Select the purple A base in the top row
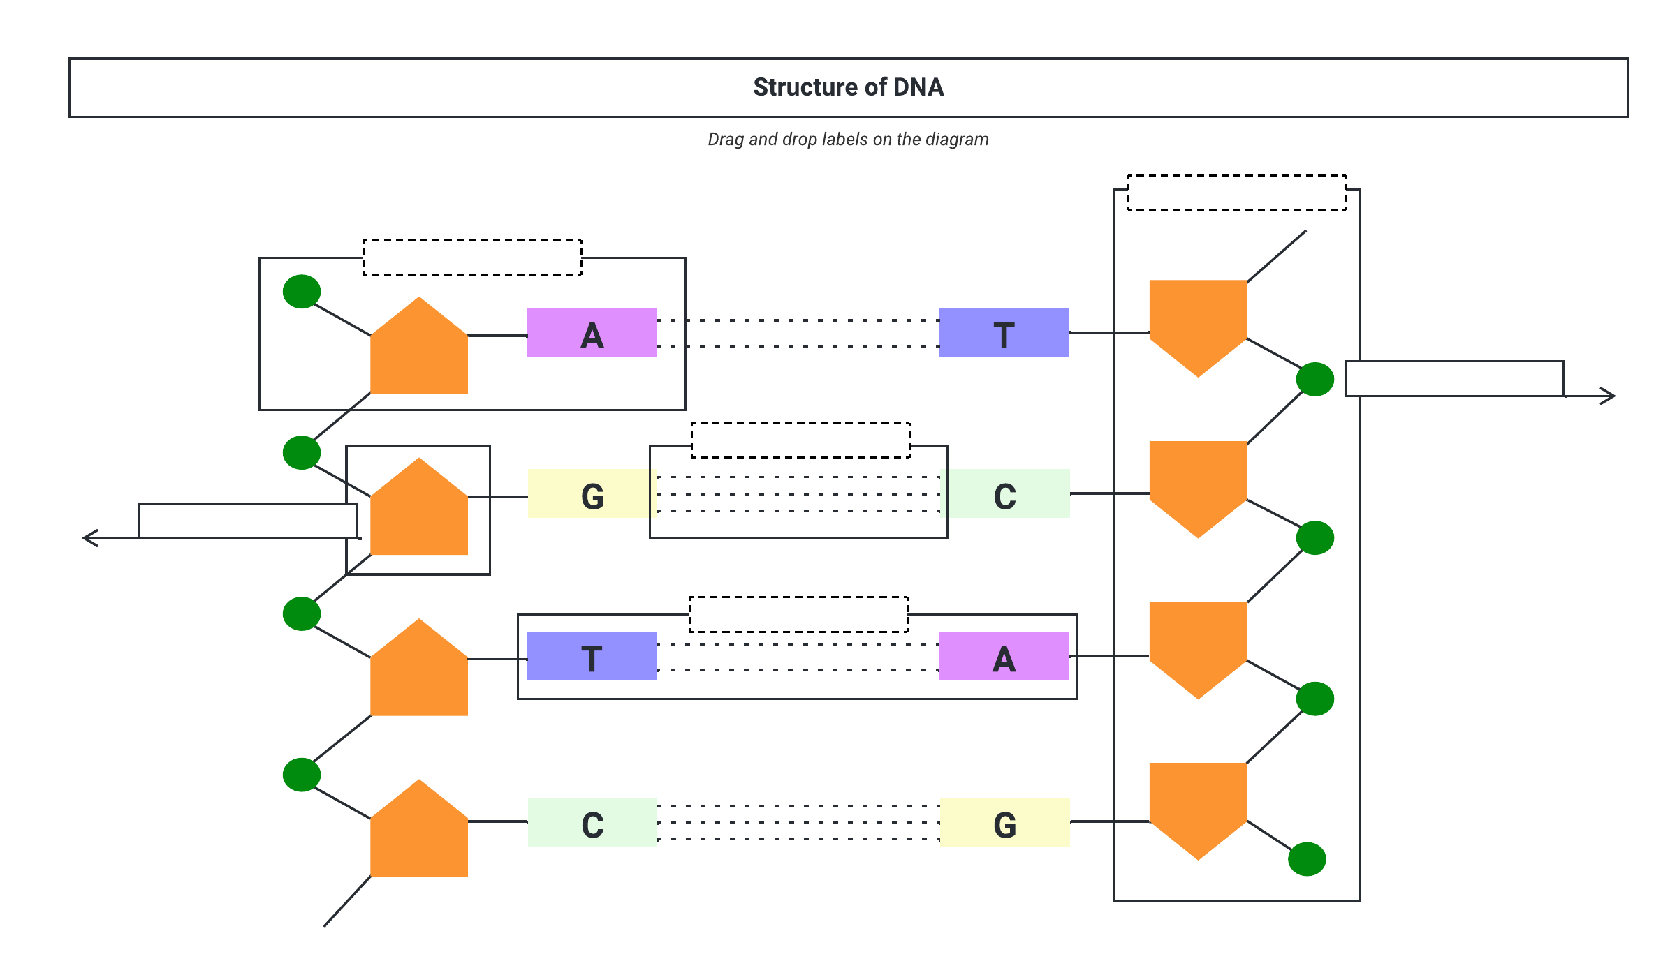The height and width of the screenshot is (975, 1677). point(592,333)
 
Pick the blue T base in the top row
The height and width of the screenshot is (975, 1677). point(1004,333)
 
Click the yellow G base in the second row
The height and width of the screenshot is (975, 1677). point(592,493)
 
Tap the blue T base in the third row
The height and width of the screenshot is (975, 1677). point(592,656)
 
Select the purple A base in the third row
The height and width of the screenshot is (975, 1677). point(1004,656)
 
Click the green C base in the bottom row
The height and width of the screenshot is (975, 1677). point(592,822)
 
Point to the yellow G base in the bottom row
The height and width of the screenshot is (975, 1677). point(1004,822)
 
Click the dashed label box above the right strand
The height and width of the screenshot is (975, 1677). point(1237,193)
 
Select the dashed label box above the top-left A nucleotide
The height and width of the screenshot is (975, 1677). point(472,258)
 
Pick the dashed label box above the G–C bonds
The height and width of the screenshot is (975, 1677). point(800,440)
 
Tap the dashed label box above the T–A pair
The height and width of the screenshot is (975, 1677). point(798,614)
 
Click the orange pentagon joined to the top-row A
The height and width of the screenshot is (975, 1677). point(419,349)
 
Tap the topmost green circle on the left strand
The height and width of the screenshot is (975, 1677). point(302,291)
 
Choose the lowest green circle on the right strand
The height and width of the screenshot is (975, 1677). point(1307,859)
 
